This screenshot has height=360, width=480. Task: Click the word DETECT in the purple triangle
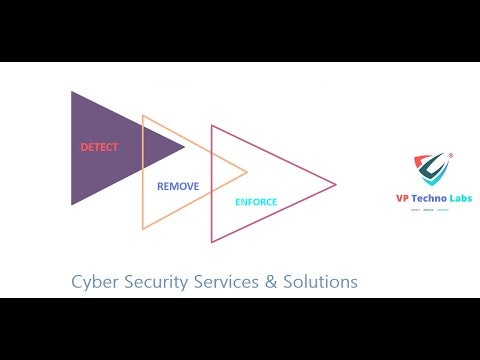coord(99,147)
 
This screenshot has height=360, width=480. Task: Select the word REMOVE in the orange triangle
coord(178,186)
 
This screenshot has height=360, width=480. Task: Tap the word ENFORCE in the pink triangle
coord(256,202)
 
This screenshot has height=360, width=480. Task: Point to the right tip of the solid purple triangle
coord(185,148)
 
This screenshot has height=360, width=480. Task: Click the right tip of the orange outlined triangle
coord(247,173)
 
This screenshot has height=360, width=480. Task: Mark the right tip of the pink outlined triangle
coord(336,184)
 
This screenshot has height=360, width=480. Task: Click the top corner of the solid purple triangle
coord(71,92)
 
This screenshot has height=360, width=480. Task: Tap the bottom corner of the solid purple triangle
coord(71,205)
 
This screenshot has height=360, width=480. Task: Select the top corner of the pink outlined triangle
coord(211,125)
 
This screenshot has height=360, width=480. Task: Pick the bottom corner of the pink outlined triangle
coord(211,242)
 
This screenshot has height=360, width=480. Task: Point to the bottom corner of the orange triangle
coord(143,229)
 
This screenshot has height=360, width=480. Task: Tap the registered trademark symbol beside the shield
coord(450,155)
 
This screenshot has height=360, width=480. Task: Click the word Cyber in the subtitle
coord(93,282)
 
